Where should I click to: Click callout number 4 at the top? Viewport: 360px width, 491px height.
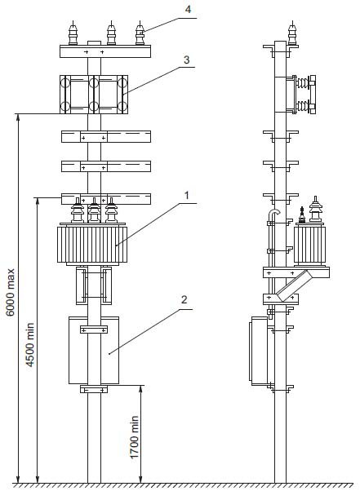[x=188, y=9]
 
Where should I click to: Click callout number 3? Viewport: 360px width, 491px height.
[x=186, y=60]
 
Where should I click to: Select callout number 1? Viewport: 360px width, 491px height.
[x=187, y=196]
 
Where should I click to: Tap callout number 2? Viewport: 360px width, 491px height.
[x=184, y=299]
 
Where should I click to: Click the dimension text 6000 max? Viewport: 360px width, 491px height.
[x=11, y=292]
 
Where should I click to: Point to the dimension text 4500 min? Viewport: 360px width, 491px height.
[x=29, y=345]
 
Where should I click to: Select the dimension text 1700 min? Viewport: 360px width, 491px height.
[x=134, y=437]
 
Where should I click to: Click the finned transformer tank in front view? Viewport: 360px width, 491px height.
[x=92, y=244]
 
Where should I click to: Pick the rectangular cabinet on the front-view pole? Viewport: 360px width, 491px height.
[x=94, y=350]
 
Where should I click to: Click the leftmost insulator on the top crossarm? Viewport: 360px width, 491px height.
[x=73, y=33]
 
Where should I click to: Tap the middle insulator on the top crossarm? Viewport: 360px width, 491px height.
[x=111, y=33]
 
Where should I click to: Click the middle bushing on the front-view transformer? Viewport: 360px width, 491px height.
[x=94, y=210]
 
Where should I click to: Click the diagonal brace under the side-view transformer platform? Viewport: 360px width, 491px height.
[x=294, y=286]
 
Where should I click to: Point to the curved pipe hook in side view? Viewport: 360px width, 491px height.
[x=273, y=215]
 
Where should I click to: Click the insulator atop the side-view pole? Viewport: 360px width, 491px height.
[x=292, y=33]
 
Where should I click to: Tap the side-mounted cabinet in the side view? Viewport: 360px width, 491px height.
[x=259, y=351]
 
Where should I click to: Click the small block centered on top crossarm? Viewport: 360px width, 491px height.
[x=94, y=43]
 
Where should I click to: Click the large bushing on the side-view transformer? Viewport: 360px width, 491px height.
[x=315, y=209]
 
